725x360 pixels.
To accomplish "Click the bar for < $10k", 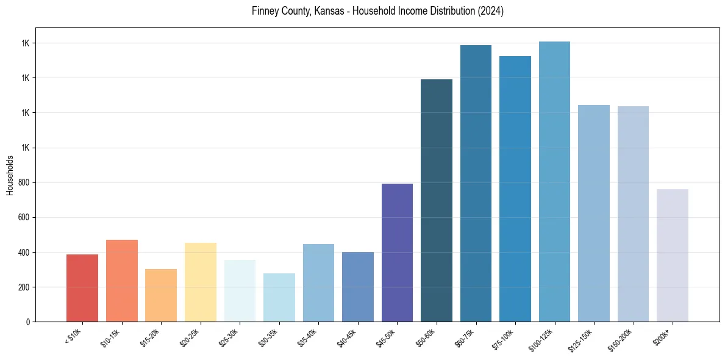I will (82, 288).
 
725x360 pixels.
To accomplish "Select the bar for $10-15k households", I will (121, 281).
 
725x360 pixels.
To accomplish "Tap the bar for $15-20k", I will (161, 295).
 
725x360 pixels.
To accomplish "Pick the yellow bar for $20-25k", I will (201, 282).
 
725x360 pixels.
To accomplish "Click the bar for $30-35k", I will (279, 297).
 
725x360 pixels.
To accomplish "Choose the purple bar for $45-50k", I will (397, 253).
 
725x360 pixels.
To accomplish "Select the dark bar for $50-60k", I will (437, 200).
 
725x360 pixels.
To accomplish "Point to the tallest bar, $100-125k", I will (554, 181).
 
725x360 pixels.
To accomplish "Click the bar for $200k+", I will (673, 255).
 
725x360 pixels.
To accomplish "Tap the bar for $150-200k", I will (633, 214).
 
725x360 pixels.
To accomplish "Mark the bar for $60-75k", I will (476, 183).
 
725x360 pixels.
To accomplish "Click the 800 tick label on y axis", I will (24, 182).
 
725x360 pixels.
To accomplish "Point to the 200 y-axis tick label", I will (24, 287).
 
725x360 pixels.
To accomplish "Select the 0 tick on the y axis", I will (28, 322).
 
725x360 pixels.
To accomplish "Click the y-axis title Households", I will (10, 175).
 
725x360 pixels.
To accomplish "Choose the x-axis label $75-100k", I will (503, 338).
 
